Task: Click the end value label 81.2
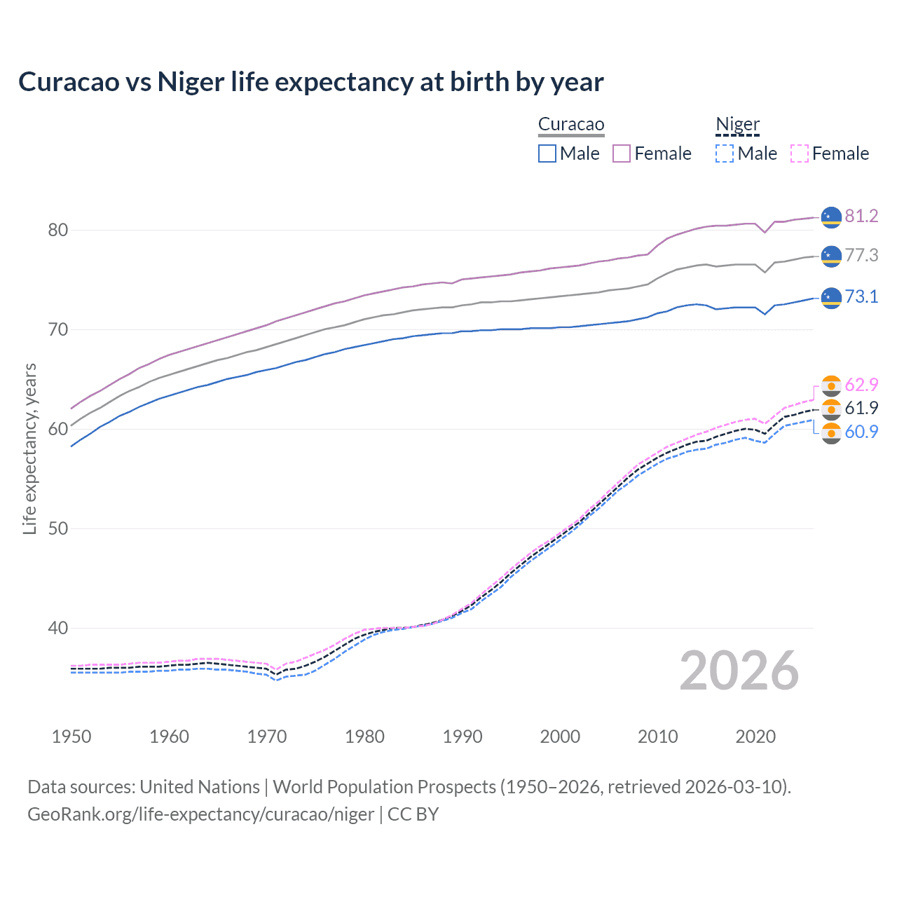pyautogui.click(x=861, y=216)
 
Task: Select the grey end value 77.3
pyautogui.click(x=861, y=256)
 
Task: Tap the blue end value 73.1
pyautogui.click(x=861, y=296)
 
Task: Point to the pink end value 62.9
pyautogui.click(x=861, y=385)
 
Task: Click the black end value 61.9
pyautogui.click(x=861, y=408)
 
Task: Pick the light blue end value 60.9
pyautogui.click(x=861, y=432)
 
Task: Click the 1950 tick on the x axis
pyautogui.click(x=71, y=737)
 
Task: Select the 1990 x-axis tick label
pyautogui.click(x=463, y=737)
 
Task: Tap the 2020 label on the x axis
pyautogui.click(x=755, y=737)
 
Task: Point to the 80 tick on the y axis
pyautogui.click(x=58, y=230)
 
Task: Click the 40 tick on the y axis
pyautogui.click(x=58, y=628)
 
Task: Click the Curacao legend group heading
pyautogui.click(x=571, y=125)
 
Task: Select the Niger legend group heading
pyautogui.click(x=737, y=125)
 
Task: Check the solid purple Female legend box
pyautogui.click(x=622, y=153)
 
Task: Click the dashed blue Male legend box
pyautogui.click(x=725, y=153)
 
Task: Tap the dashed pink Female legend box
pyautogui.click(x=800, y=153)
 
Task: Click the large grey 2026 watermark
pyautogui.click(x=739, y=671)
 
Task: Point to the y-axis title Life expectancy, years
pyautogui.click(x=30, y=448)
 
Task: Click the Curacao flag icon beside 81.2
pyautogui.click(x=831, y=217)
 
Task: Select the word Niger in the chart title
pyautogui.click(x=191, y=82)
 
